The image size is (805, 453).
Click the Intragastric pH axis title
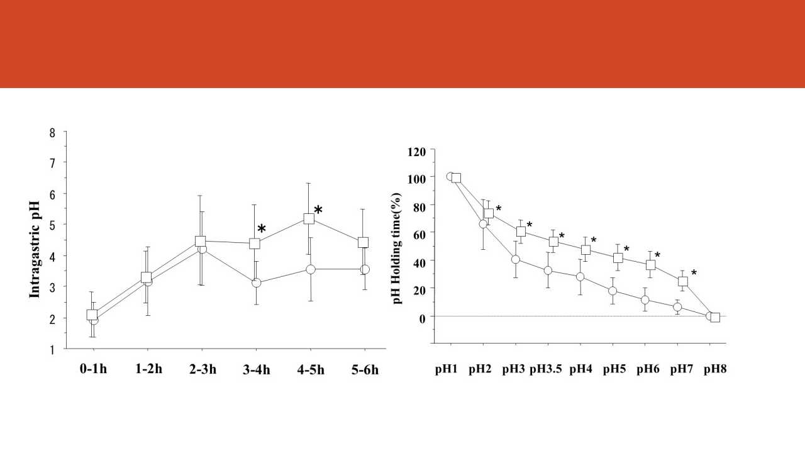click(x=35, y=249)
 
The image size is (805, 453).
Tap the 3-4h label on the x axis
click(x=256, y=369)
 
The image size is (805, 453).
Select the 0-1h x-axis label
click(x=93, y=369)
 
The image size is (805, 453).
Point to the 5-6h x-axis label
click(x=365, y=369)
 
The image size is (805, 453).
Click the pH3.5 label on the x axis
click(x=545, y=369)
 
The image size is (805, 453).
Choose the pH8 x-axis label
click(x=715, y=369)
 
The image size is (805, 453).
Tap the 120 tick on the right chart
click(x=416, y=152)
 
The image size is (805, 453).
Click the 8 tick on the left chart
click(x=53, y=133)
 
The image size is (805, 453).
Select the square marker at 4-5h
click(x=309, y=219)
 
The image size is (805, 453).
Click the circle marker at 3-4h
click(x=256, y=283)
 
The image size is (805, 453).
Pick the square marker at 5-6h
click(x=363, y=242)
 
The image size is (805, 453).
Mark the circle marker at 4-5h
click(x=310, y=269)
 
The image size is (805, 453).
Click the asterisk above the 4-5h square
click(x=318, y=210)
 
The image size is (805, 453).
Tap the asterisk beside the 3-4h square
click(x=262, y=230)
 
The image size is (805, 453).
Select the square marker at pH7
click(x=683, y=281)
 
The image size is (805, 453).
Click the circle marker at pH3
click(x=516, y=259)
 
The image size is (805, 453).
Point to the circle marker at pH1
click(x=450, y=176)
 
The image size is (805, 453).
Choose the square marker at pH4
click(x=586, y=250)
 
